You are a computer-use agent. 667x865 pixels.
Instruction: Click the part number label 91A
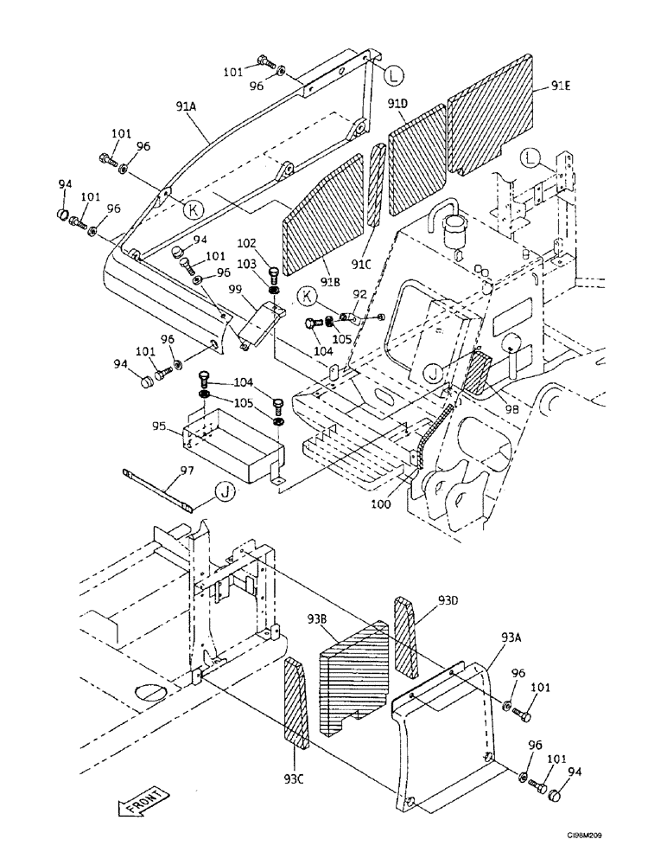pos(186,106)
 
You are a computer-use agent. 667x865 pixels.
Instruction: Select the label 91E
pos(562,86)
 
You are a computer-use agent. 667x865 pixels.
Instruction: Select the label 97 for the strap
pos(186,470)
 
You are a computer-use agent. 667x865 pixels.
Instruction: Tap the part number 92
pos(359,294)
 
